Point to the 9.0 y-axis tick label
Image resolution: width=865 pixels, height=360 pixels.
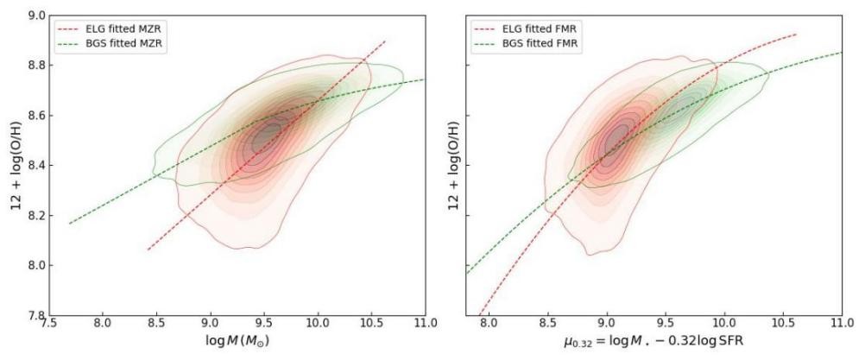(x=37, y=15)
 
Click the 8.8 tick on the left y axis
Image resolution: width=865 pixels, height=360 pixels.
(x=37, y=65)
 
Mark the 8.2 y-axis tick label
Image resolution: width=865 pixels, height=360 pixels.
(x=37, y=215)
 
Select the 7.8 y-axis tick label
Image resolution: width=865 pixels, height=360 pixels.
(x=37, y=315)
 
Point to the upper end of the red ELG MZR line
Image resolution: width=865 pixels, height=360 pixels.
(x=384, y=41)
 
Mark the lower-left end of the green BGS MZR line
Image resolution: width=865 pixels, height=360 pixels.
(x=70, y=224)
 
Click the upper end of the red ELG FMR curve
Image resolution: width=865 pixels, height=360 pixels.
(x=795, y=35)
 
